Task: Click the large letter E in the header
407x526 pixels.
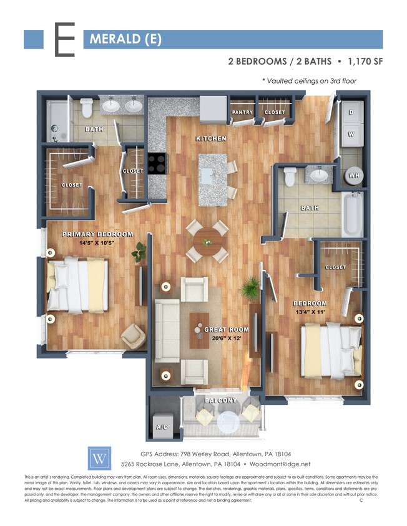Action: (x=64, y=40)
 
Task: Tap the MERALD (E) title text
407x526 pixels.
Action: (x=125, y=40)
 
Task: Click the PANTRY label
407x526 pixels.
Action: (x=242, y=113)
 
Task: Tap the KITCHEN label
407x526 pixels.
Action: (x=211, y=138)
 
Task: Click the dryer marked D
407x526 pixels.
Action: (x=351, y=113)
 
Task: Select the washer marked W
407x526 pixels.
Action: (x=351, y=133)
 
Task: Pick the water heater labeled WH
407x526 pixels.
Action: (x=353, y=176)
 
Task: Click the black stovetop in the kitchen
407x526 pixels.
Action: (x=157, y=163)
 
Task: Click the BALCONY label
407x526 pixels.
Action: (x=220, y=400)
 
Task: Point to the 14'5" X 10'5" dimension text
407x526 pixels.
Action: (x=97, y=244)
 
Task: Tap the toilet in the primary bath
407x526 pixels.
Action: (x=86, y=107)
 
